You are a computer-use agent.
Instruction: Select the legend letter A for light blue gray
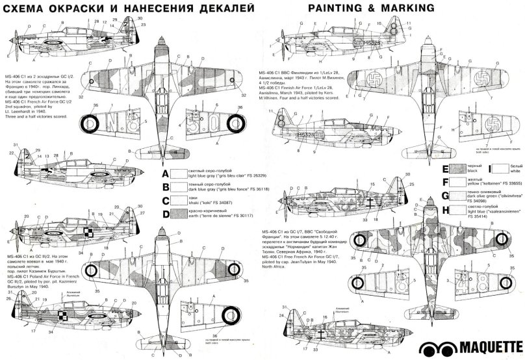coord(165,174)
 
